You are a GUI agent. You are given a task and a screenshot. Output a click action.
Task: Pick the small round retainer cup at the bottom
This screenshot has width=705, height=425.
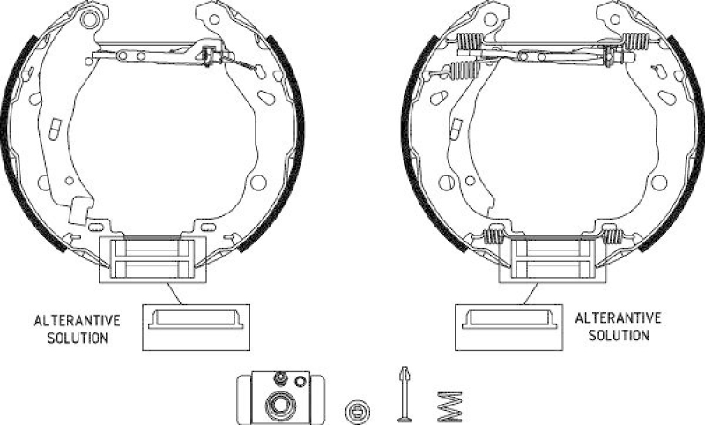358,408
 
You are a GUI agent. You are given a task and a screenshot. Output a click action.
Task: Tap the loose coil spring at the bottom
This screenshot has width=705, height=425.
449,406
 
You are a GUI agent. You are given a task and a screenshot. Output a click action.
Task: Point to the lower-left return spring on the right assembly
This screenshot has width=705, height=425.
494,236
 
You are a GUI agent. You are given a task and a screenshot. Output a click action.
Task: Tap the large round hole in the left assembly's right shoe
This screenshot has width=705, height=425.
258,183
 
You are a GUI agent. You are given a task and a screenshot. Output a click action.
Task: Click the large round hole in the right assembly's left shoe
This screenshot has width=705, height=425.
447,183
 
